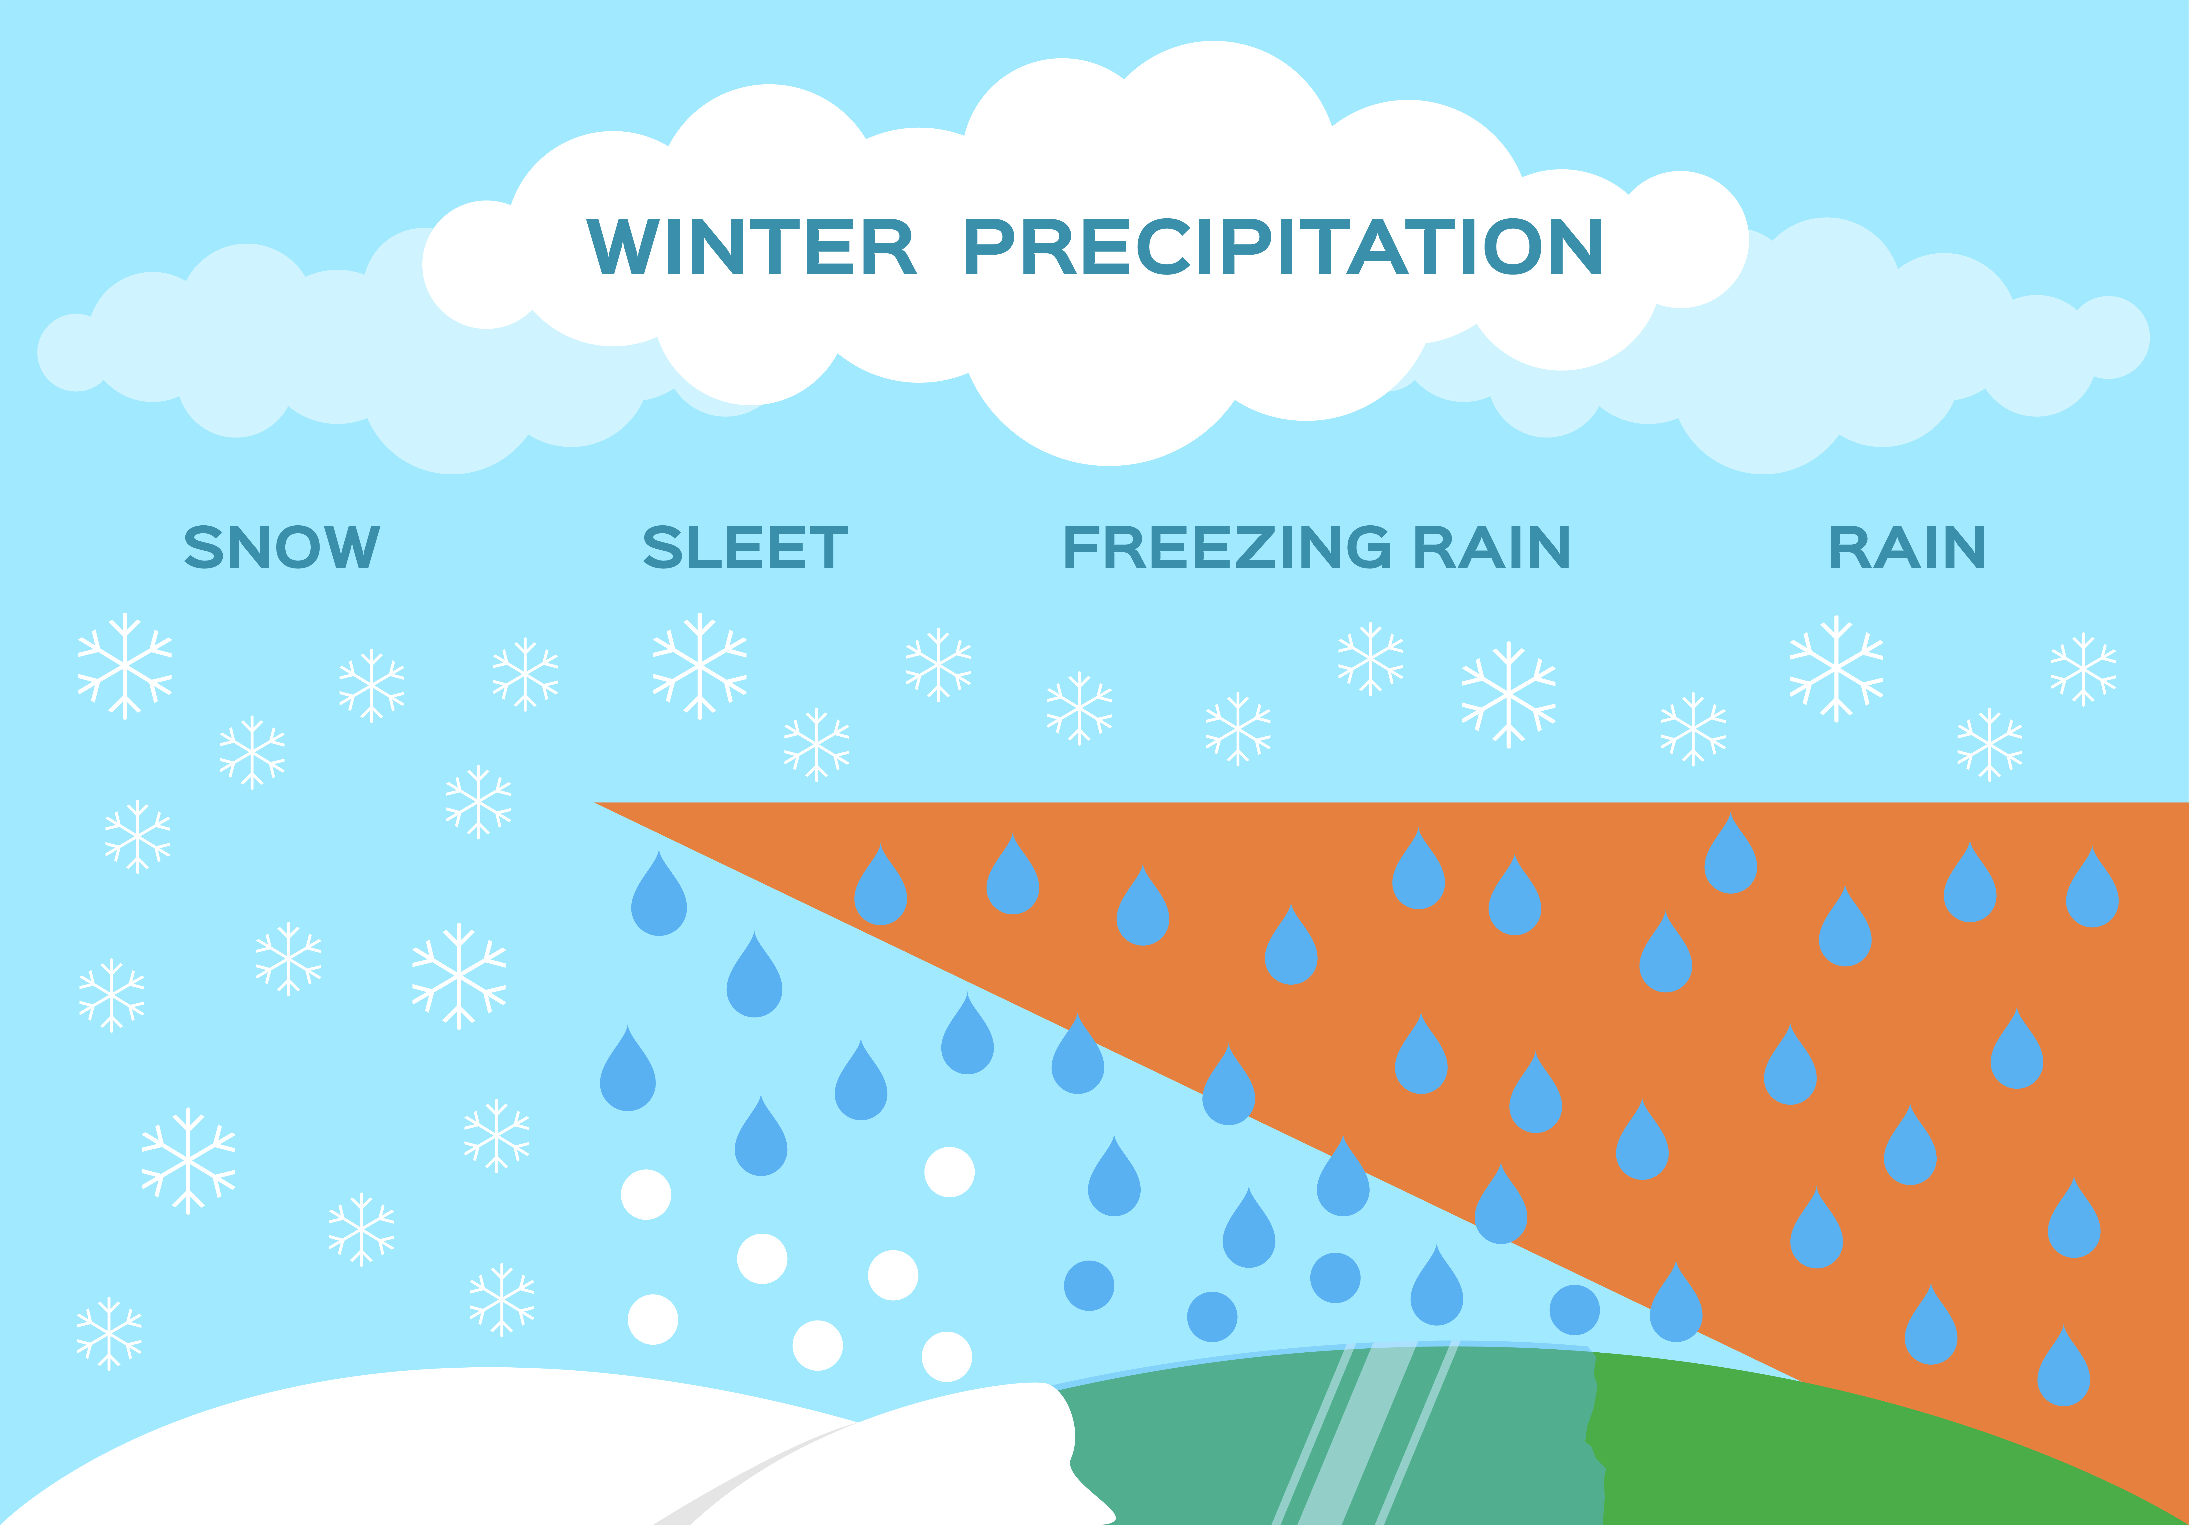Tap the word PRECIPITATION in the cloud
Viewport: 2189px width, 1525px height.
(1283, 246)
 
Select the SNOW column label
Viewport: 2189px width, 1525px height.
(282, 547)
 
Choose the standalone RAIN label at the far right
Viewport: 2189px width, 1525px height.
(1907, 547)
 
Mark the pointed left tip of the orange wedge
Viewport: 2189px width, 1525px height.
(597, 804)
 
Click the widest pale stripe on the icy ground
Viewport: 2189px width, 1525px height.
(1359, 1431)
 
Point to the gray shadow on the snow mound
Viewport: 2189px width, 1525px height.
(753, 1473)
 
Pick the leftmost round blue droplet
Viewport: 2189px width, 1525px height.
(1089, 1286)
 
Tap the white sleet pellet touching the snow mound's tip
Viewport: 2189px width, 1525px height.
(947, 1356)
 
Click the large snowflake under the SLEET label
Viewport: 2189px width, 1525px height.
(700, 666)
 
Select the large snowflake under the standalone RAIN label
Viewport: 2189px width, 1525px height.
(1836, 668)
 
